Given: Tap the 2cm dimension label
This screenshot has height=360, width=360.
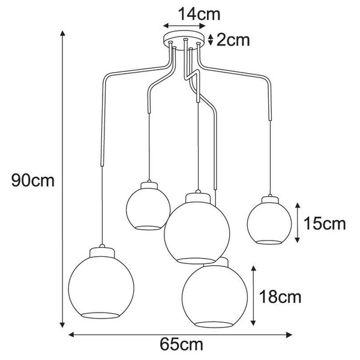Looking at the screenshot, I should (x=232, y=40).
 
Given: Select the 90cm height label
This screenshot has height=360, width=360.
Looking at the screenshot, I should (x=32, y=180).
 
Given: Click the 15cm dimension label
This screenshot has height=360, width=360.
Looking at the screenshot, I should (x=325, y=224).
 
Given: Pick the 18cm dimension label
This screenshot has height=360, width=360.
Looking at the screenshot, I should (x=280, y=296).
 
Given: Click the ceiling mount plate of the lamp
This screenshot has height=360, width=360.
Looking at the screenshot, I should (x=186, y=42).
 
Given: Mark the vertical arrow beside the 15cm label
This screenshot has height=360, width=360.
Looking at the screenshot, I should (x=296, y=223).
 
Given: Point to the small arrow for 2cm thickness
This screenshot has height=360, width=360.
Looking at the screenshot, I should (x=210, y=40).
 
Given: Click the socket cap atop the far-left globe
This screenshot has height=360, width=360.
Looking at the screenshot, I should (x=103, y=247).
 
